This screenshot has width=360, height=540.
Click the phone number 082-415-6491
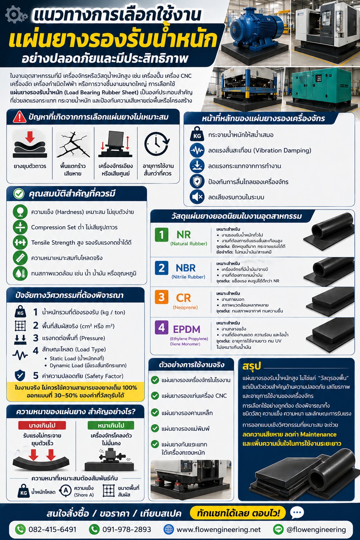[52, 529]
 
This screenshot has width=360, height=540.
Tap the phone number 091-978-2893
[127, 529]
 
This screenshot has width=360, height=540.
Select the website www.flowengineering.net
[218, 529]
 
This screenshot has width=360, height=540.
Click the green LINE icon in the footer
[278, 529]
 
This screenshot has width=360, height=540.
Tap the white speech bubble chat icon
[297, 513]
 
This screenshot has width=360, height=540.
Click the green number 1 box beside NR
[161, 234]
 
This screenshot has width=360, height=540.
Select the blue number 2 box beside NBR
[161, 268]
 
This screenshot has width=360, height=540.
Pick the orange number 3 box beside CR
[161, 297]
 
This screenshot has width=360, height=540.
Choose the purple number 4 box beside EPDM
[161, 328]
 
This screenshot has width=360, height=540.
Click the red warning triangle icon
[20, 117]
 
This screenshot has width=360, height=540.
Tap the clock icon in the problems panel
[157, 144]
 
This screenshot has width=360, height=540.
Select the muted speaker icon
[197, 197]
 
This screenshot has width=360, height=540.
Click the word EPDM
[186, 329]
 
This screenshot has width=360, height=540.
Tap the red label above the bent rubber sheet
[42, 425]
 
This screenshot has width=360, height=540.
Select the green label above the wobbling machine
[111, 425]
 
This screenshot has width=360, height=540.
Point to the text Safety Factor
[104, 376]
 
